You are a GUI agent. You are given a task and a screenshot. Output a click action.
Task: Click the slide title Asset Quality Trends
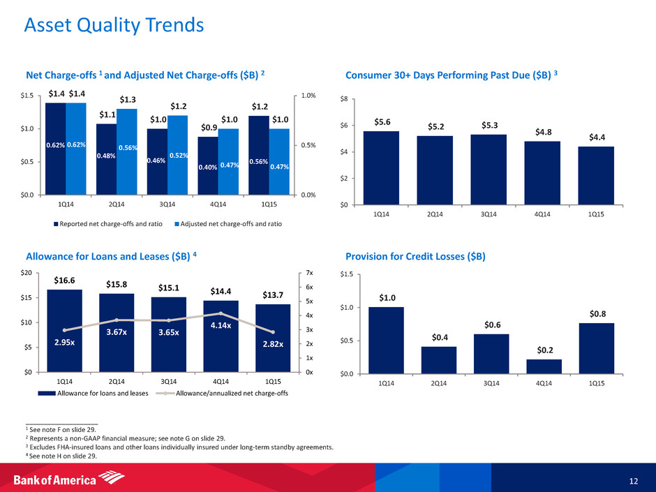pyautogui.click(x=114, y=26)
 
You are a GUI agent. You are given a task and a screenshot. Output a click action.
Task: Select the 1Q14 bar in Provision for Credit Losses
pyautogui.click(x=387, y=340)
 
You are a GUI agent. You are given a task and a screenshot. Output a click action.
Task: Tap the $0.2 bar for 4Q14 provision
pyautogui.click(x=544, y=366)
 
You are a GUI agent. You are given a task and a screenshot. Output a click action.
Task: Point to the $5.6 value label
pyautogui.click(x=381, y=121)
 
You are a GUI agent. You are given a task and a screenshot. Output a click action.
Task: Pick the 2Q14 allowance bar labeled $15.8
pyautogui.click(x=117, y=332)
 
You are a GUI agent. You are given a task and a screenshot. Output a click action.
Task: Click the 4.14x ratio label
pyautogui.click(x=221, y=325)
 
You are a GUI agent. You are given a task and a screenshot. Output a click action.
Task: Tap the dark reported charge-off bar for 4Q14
pyautogui.click(x=207, y=165)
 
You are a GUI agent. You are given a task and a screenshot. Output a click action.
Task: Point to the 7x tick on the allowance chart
pyautogui.click(x=309, y=274)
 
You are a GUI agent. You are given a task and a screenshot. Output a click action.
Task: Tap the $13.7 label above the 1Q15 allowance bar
pyautogui.click(x=273, y=295)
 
